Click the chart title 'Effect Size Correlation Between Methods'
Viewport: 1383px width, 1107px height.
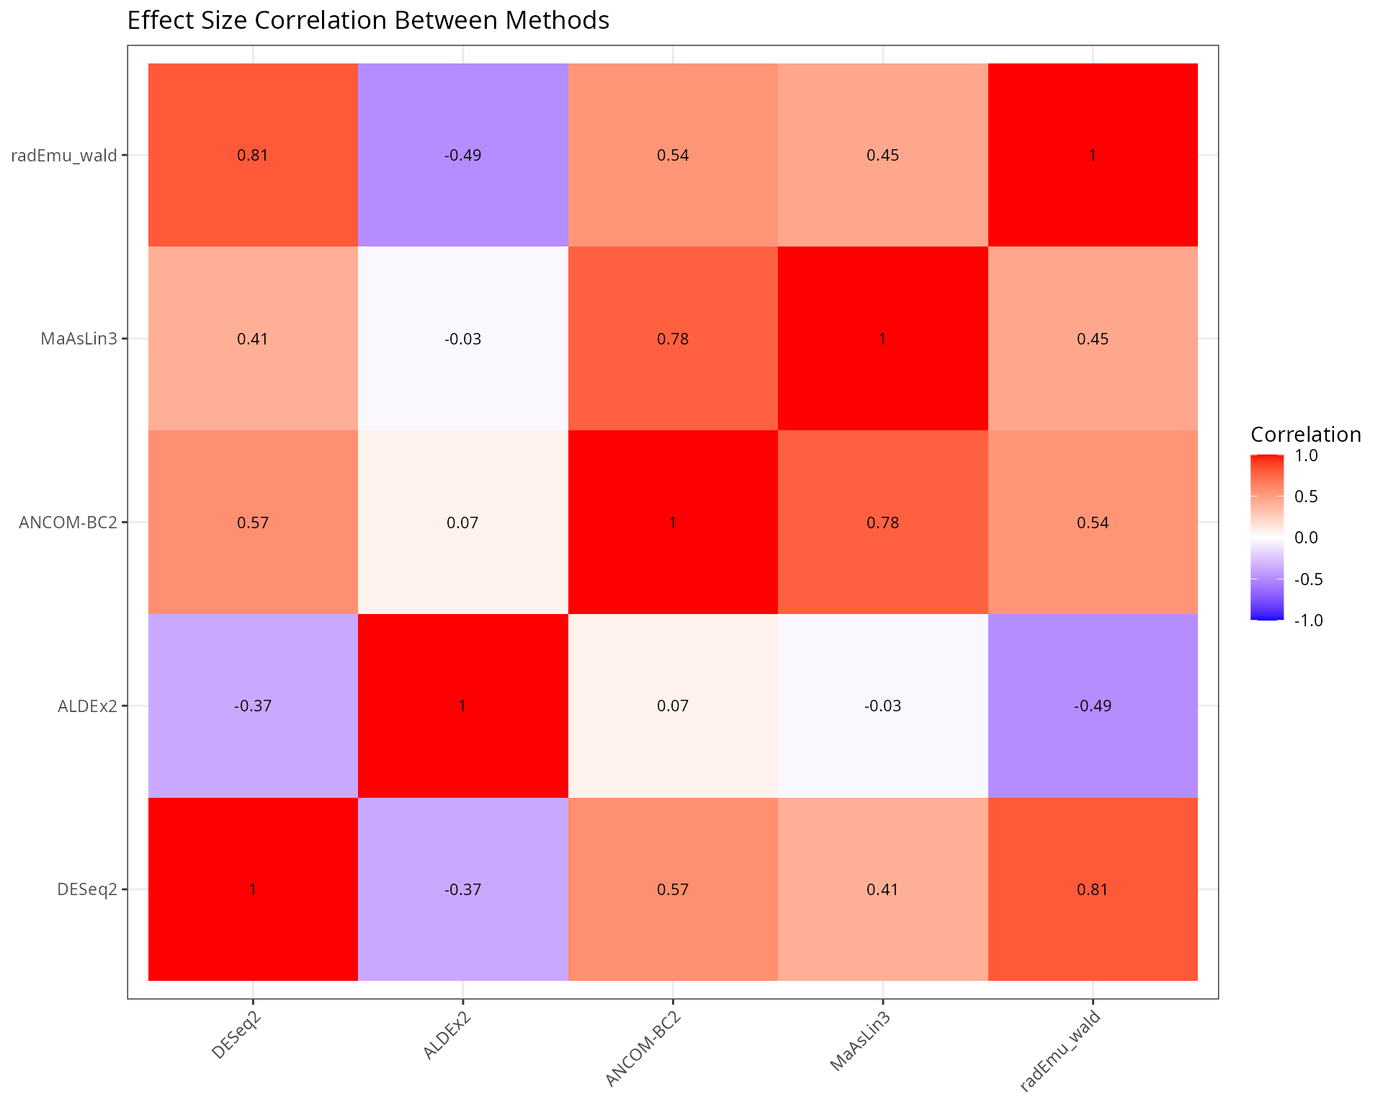coord(368,20)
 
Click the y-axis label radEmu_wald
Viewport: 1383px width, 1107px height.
coord(64,156)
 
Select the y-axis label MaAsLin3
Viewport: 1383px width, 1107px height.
coord(79,339)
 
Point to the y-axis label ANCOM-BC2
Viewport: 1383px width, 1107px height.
coord(68,523)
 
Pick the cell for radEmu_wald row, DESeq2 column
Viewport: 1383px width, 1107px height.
coord(253,155)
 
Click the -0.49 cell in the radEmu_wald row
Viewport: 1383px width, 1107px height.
coord(462,155)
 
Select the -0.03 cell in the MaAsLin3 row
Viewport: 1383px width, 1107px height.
coord(462,339)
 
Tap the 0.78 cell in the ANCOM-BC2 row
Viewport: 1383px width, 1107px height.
coord(882,523)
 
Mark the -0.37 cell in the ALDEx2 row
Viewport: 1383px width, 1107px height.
coord(253,706)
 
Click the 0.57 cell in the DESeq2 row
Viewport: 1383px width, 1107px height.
coord(673,889)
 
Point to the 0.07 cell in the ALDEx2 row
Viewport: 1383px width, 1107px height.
coord(673,706)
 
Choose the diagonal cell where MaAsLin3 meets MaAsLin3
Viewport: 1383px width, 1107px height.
coord(882,339)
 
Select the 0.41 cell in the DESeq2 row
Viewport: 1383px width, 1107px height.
coord(882,889)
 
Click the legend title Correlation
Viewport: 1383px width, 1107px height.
coord(1305,435)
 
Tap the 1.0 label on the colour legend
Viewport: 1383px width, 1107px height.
coord(1306,455)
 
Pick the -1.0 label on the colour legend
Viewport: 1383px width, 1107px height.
coord(1308,621)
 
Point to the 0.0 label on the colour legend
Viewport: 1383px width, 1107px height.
coord(1306,538)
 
